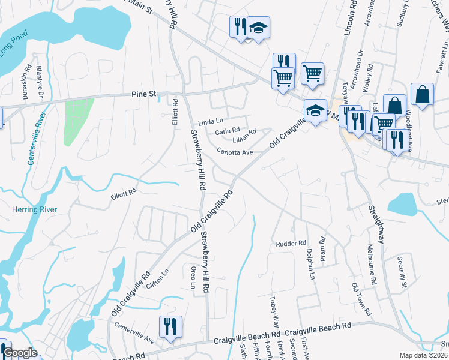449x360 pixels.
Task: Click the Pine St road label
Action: pyautogui.click(x=143, y=94)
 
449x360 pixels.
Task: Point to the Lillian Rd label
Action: pyautogui.click(x=244, y=131)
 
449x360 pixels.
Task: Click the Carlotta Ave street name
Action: pyautogui.click(x=235, y=152)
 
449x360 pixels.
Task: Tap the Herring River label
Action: pyautogui.click(x=35, y=209)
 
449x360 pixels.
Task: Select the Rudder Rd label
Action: pyautogui.click(x=291, y=244)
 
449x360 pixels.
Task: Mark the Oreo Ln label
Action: pyautogui.click(x=193, y=277)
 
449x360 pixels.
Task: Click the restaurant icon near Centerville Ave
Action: pyautogui.click(x=170, y=326)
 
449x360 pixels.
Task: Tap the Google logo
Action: pyautogui.click(x=20, y=353)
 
